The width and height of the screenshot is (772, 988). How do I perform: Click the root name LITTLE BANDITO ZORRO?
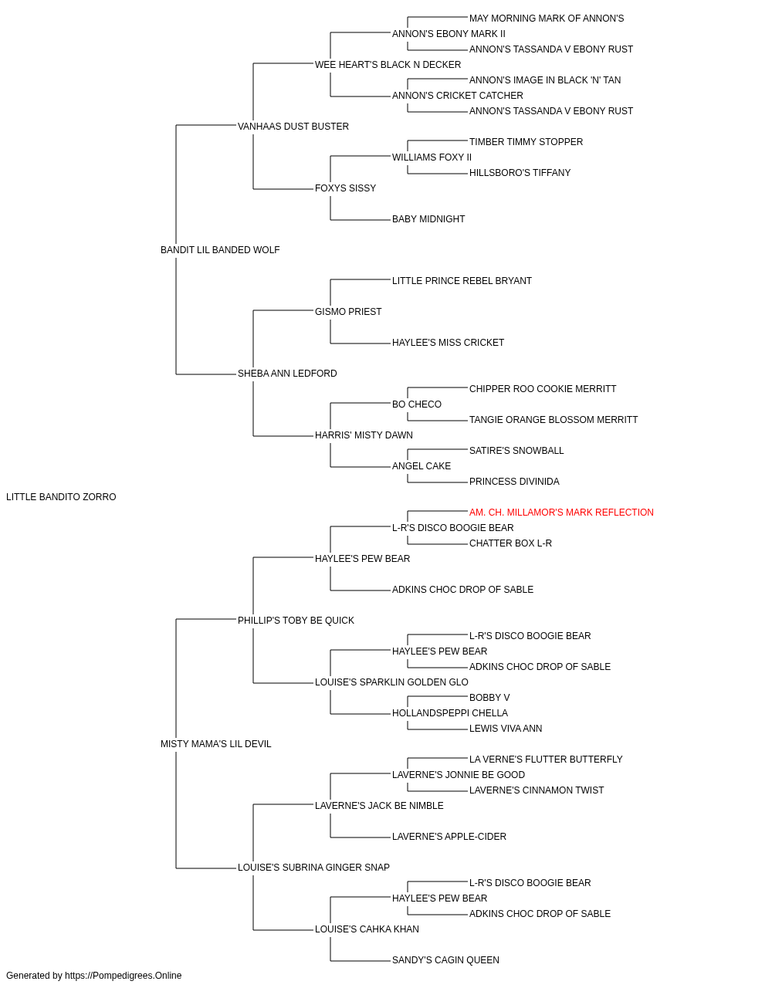[x=61, y=497]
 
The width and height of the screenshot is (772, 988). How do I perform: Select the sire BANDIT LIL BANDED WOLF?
[x=220, y=250]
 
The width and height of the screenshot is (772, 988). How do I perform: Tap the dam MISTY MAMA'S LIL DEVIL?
[x=215, y=744]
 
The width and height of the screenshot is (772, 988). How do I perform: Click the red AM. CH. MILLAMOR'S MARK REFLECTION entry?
[x=561, y=513]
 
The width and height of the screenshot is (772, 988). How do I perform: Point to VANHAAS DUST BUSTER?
[x=293, y=127]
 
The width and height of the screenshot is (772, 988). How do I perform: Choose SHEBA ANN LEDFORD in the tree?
[x=287, y=374]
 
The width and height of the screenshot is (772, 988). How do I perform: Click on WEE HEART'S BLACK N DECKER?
[x=388, y=65]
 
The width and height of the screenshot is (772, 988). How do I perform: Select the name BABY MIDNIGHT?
[x=428, y=219]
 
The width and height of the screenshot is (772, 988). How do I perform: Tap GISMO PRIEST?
[x=348, y=312]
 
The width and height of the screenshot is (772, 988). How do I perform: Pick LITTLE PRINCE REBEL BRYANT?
[x=462, y=281]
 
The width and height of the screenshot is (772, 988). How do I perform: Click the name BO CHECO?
[x=416, y=404]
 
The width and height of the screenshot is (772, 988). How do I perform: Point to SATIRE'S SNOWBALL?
[x=516, y=451]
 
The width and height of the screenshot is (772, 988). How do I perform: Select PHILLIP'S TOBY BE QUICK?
[x=296, y=621]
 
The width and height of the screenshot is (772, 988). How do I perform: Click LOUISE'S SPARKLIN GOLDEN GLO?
[x=391, y=682]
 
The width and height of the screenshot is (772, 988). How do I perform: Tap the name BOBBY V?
[x=489, y=698]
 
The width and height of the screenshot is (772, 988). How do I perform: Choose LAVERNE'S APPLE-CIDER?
[x=449, y=837]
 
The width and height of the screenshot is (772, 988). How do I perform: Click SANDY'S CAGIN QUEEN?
[x=445, y=959]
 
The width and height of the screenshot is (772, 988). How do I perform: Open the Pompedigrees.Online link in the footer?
[x=124, y=976]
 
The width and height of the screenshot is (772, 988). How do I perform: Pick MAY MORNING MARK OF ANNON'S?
[x=547, y=19]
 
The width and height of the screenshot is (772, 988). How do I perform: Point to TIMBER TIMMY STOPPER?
[x=526, y=142]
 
